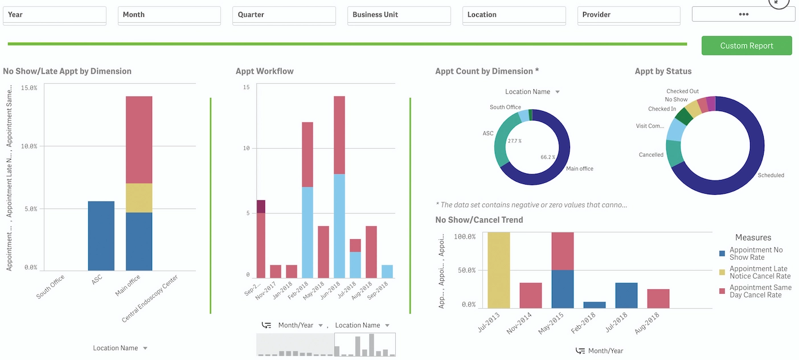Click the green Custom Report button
[x=746, y=46]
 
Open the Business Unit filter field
[x=399, y=15]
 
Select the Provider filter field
[x=628, y=15]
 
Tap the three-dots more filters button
[x=743, y=14]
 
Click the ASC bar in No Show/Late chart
[x=101, y=236]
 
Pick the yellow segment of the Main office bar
[x=139, y=198]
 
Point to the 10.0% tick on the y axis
[x=29, y=146]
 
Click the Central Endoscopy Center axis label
[x=150, y=298]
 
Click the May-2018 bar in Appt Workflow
[x=323, y=252]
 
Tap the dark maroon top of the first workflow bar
[x=261, y=206]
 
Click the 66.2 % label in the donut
[x=548, y=157]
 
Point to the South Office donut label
[x=505, y=107]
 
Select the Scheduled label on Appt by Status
[x=771, y=175]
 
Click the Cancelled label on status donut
[x=651, y=155]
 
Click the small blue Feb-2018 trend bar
[x=594, y=305]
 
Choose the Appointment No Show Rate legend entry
[x=756, y=253]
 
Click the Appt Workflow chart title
[x=264, y=71]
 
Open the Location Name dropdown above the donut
[x=532, y=92]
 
